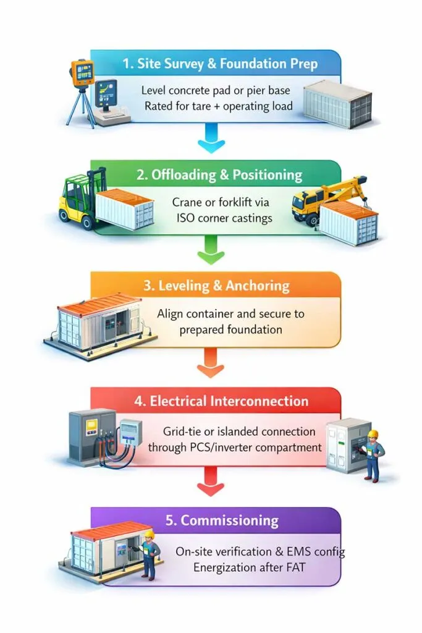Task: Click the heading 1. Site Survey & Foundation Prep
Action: point(220,64)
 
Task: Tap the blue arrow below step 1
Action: point(211,138)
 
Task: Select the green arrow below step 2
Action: point(211,250)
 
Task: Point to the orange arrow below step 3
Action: point(211,363)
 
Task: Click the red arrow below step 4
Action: point(211,481)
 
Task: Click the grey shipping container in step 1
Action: point(337,103)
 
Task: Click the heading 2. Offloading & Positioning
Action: point(219,175)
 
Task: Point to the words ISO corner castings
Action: point(224,218)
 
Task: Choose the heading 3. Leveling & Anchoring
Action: point(216,286)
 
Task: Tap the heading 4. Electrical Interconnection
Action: point(221,401)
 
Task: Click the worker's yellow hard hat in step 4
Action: point(373,434)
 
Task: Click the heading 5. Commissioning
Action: point(222,520)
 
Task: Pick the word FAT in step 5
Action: point(296,567)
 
